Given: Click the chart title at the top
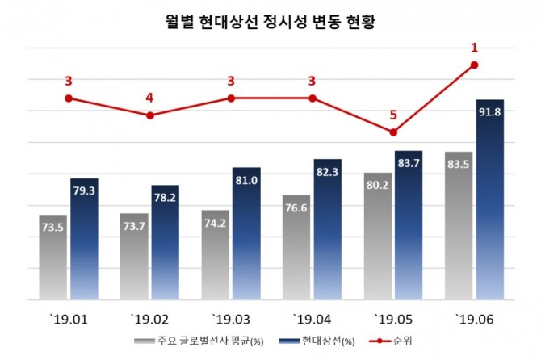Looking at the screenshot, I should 270,21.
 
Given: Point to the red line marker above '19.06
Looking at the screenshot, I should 475,65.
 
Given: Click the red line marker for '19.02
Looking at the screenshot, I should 150,115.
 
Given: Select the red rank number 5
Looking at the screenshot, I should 393,115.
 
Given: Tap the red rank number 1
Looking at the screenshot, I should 475,48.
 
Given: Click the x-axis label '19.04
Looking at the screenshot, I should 312,316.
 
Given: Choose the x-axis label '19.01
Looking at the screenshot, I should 68,316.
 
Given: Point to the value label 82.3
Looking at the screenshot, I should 328,171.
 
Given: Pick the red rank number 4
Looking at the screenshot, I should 149,98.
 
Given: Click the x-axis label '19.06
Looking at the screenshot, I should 474,316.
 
